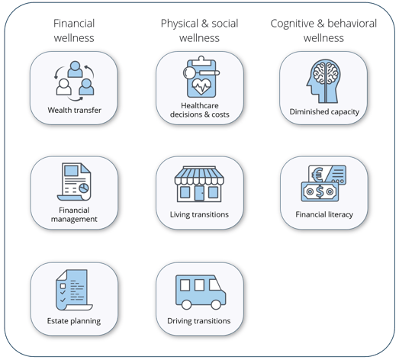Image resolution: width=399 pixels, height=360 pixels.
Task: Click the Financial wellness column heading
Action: pyautogui.click(x=74, y=31)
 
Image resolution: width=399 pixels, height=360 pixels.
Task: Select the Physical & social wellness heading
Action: pyautogui.click(x=200, y=31)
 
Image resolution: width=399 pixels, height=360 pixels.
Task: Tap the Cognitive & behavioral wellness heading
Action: pyautogui.click(x=323, y=31)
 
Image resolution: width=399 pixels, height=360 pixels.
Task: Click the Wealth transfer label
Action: pyautogui.click(x=74, y=110)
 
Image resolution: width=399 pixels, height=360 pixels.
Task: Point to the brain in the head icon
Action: pyautogui.click(x=326, y=72)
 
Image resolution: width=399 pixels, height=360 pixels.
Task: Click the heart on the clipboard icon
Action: pyautogui.click(x=201, y=86)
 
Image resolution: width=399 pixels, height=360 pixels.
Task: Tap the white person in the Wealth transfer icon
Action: pyautogui.click(x=63, y=87)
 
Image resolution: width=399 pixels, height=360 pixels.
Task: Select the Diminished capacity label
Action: pyautogui.click(x=324, y=111)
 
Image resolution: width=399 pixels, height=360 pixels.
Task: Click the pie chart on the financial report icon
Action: pyautogui.click(x=84, y=188)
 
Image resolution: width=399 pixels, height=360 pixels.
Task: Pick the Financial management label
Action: pyautogui.click(x=74, y=214)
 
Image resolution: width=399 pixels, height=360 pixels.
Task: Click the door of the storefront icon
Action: pyautogui.click(x=199, y=193)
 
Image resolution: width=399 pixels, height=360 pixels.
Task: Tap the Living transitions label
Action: pyautogui.click(x=199, y=214)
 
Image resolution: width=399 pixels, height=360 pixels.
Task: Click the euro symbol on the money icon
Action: pyautogui.click(x=317, y=175)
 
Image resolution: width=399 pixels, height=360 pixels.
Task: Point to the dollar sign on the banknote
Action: pyautogui.click(x=320, y=192)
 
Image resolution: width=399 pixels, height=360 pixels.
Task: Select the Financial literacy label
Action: pyautogui.click(x=324, y=214)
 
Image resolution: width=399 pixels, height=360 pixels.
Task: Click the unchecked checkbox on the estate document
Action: pyautogui.click(x=63, y=286)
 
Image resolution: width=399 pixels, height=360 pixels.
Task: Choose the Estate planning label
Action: pyautogui.click(x=74, y=321)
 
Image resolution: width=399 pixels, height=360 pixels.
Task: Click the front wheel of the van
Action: pyautogui.click(x=216, y=304)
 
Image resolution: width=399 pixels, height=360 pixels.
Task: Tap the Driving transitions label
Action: pyautogui.click(x=199, y=321)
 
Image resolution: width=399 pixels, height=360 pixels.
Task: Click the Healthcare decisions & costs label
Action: pyautogui.click(x=200, y=110)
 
